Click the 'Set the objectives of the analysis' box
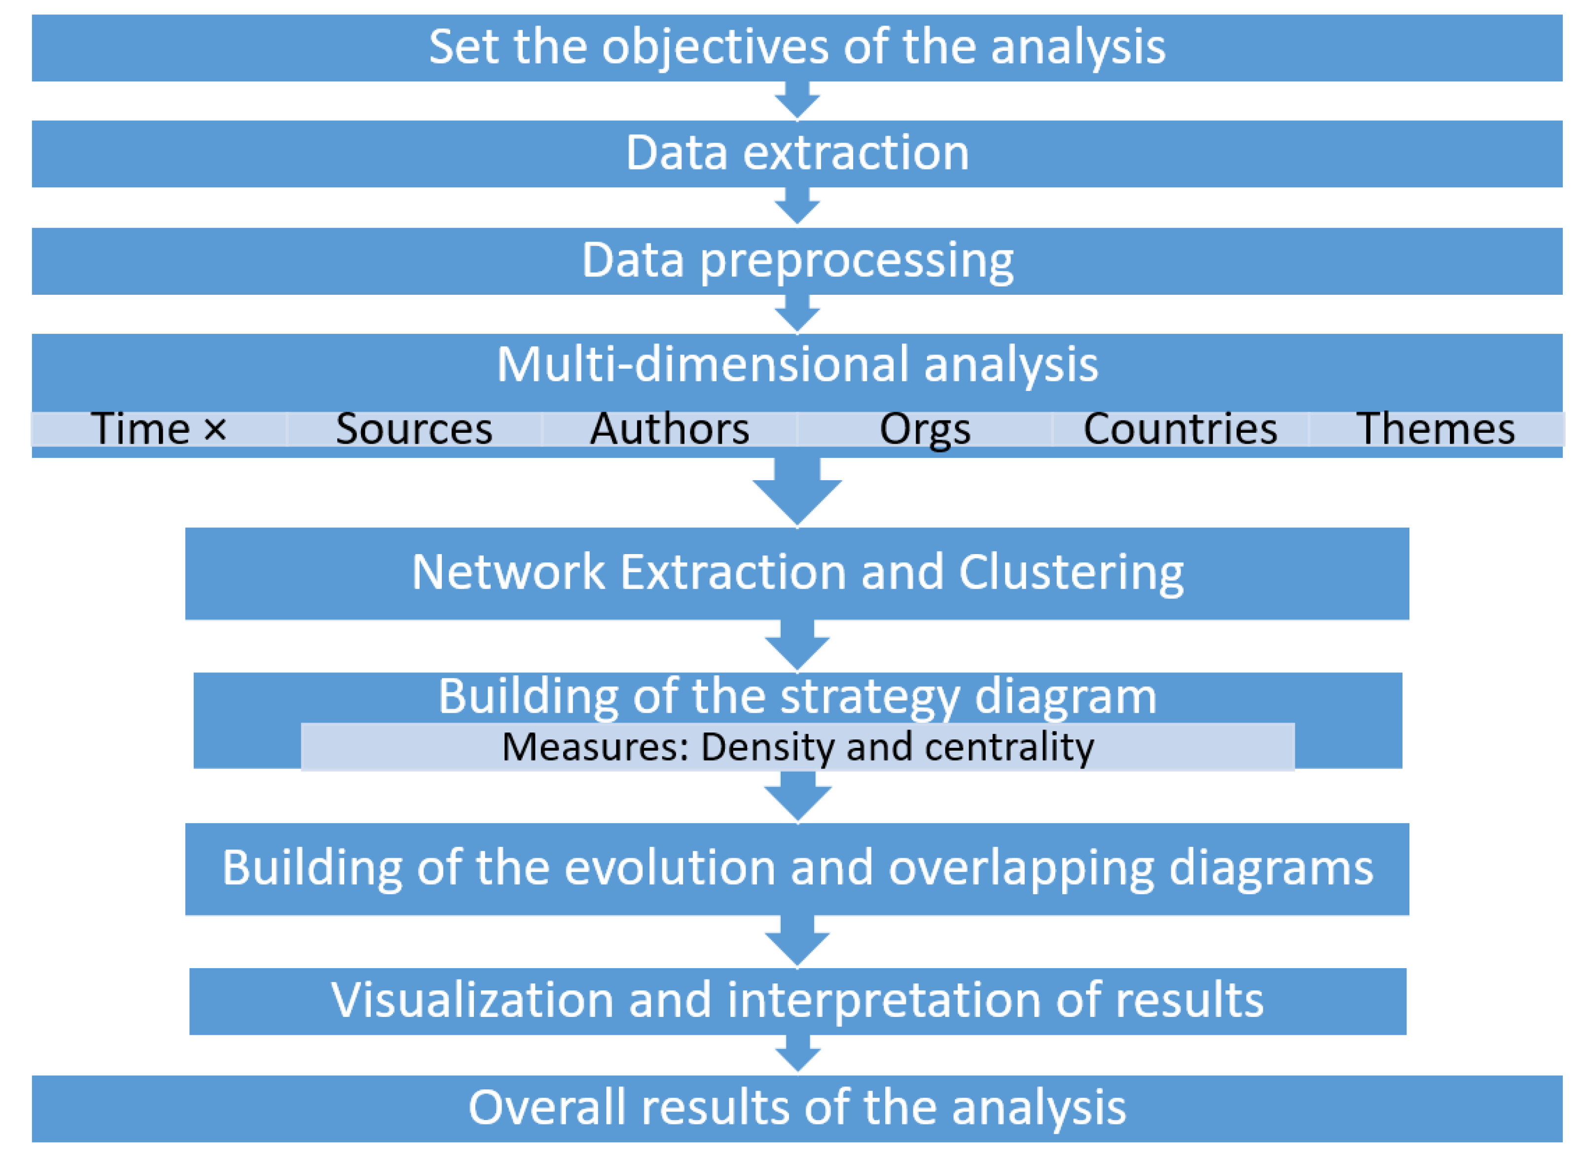(x=796, y=47)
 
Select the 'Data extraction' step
(x=796, y=154)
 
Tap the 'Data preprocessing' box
(x=796, y=261)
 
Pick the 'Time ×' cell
(x=159, y=428)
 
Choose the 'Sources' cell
(x=414, y=428)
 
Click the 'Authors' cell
(x=669, y=428)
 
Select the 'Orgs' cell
(x=925, y=428)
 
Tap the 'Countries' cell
(x=1180, y=428)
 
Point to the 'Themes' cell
(x=1435, y=428)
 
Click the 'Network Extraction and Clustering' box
(x=796, y=573)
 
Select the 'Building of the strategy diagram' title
(x=796, y=697)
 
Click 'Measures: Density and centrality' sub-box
(x=796, y=747)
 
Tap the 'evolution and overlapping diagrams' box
(x=796, y=868)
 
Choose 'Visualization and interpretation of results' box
(x=796, y=1000)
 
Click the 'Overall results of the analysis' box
(x=796, y=1108)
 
